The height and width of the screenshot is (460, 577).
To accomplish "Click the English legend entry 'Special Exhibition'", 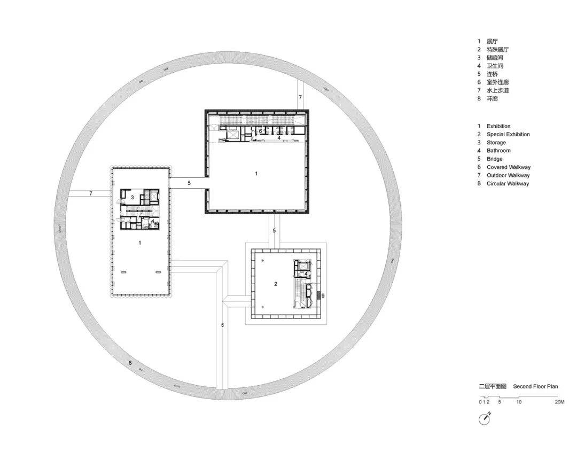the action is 508,134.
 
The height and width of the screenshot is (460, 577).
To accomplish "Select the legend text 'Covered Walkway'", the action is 509,167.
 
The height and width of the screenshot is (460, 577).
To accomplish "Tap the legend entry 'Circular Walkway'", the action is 508,183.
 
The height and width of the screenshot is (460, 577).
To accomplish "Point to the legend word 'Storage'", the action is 496,143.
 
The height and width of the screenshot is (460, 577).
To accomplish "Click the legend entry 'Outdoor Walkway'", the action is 508,175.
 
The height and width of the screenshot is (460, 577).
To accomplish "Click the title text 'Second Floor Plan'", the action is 535,386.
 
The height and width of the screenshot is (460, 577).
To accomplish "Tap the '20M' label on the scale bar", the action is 559,402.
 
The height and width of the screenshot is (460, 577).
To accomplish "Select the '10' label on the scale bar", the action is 518,402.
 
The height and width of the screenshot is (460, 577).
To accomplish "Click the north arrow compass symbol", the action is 485,419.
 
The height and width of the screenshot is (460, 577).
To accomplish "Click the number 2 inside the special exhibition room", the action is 276,284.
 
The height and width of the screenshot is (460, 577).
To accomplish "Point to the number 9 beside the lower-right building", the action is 323,295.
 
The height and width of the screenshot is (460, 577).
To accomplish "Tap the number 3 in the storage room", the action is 132,198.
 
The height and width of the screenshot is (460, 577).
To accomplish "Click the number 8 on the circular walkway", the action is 130,363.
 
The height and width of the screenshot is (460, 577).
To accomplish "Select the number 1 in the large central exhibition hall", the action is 256,173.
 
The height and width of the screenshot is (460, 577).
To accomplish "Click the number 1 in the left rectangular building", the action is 140,243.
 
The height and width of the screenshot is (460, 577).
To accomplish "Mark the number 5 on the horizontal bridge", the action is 189,183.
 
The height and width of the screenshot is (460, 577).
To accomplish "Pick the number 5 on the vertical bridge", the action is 274,231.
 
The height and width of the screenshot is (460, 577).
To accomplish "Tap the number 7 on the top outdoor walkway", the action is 300,98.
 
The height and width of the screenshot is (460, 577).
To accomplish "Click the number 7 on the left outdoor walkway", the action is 90,193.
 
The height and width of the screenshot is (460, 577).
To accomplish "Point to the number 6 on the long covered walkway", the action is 222,325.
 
